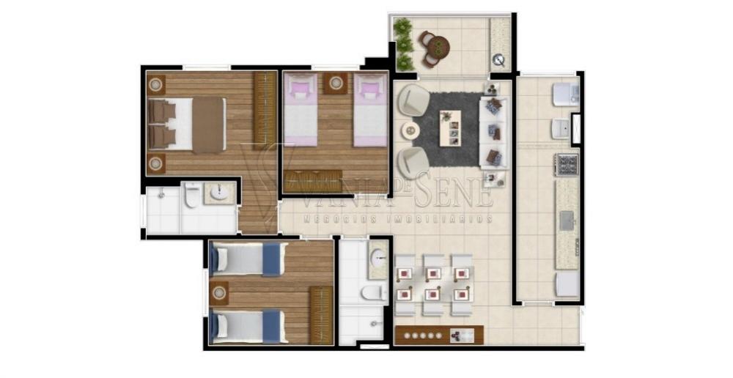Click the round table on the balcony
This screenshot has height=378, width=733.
pos(439,47)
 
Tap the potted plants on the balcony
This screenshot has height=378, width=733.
pos(403,43)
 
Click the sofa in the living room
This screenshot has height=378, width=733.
pos(493,133)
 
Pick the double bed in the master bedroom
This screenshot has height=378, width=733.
pos(187,125)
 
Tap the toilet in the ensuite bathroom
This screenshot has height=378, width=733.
pos(191,195)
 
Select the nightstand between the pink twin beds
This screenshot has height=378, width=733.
pos(336,84)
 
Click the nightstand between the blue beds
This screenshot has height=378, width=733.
pos(218,294)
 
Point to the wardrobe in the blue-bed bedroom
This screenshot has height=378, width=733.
pos(322,315)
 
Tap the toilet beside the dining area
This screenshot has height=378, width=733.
pos(374,293)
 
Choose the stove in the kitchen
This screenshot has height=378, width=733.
pos(567,165)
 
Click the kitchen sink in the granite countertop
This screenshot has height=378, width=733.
pos(567,220)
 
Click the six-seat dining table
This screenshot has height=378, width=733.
pos(434,284)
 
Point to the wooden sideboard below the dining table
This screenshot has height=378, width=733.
pos(439,335)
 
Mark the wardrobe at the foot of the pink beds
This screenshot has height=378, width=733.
pos(313,181)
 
